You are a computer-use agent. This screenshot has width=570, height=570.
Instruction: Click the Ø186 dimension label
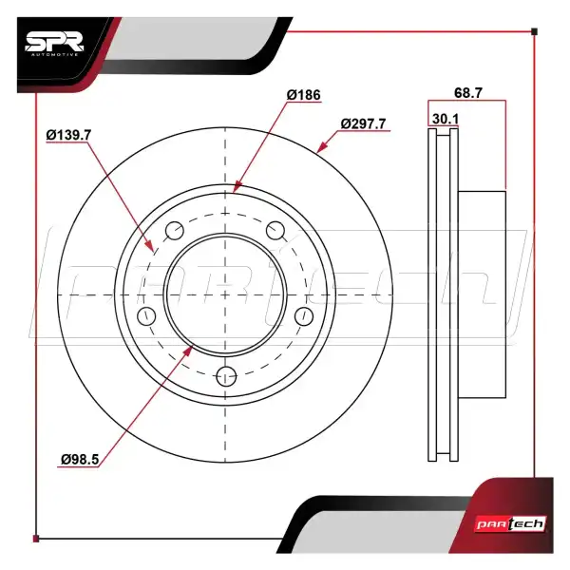click(x=304, y=95)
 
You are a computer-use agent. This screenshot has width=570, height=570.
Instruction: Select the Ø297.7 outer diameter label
click(x=363, y=123)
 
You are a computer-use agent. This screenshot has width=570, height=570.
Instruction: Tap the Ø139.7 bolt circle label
click(x=68, y=135)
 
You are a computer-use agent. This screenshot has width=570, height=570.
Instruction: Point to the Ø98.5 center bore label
click(x=80, y=459)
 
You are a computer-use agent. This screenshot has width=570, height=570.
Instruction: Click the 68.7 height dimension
click(x=468, y=93)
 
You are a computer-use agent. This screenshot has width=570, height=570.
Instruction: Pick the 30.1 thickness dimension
click(x=446, y=119)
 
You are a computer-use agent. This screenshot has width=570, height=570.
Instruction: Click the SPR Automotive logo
click(x=54, y=44)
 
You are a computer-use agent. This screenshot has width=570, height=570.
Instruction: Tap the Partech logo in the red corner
click(x=511, y=524)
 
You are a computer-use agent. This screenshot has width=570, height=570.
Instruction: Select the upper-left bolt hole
click(x=175, y=231)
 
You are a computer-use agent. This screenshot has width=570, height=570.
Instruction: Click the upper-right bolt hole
click(x=275, y=231)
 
